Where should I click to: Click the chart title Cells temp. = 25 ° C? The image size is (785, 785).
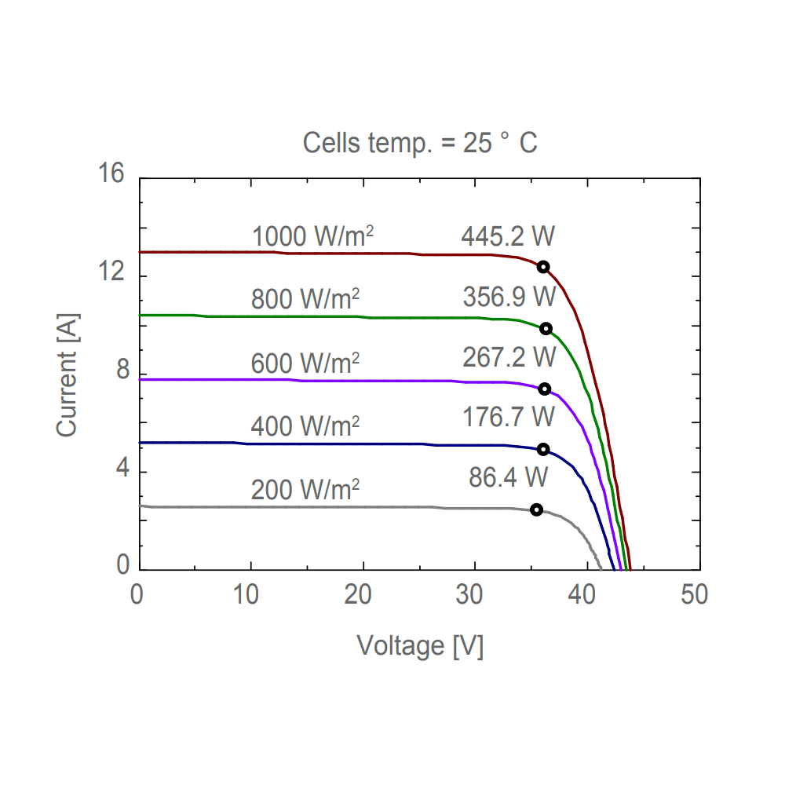[x=420, y=144]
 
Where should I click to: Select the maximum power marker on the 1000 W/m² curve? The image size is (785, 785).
[x=543, y=267]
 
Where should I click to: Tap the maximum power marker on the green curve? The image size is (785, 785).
[x=546, y=329]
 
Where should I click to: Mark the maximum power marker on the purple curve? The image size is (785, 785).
[x=544, y=389]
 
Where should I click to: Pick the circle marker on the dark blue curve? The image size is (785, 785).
[x=543, y=450]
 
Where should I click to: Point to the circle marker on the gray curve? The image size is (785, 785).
[x=536, y=510]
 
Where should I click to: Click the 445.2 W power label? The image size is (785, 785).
[x=508, y=235]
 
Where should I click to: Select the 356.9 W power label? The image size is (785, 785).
[x=509, y=297]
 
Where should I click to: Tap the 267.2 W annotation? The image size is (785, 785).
[x=509, y=356]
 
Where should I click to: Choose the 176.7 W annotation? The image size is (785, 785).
[x=509, y=416]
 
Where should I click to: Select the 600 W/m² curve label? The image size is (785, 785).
[x=305, y=363]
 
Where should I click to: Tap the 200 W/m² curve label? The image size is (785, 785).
[x=305, y=490]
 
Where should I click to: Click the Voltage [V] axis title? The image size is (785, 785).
[x=420, y=646]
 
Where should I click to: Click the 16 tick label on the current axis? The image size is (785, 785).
[x=111, y=174]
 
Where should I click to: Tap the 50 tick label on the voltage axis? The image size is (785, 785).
[x=695, y=594]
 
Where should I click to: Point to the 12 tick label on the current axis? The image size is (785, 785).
[x=111, y=272]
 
